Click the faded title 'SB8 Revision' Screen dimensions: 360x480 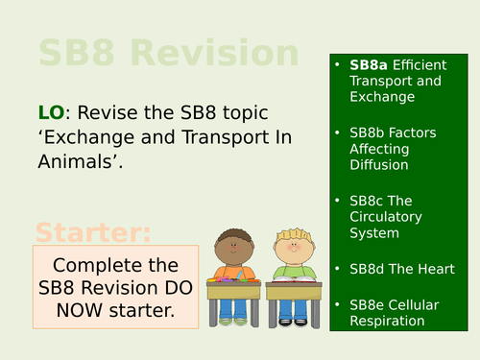click(168, 54)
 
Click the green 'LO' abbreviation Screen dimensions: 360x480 click(52, 115)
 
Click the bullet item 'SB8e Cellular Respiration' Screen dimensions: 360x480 click(394, 312)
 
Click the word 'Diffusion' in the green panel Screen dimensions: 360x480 click(381, 165)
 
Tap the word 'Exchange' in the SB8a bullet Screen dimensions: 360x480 click(382, 97)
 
